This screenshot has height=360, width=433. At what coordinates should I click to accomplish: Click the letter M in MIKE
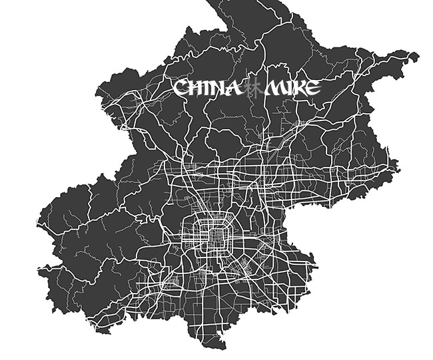[273, 88]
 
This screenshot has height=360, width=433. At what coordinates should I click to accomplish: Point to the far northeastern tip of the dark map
[417, 57]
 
